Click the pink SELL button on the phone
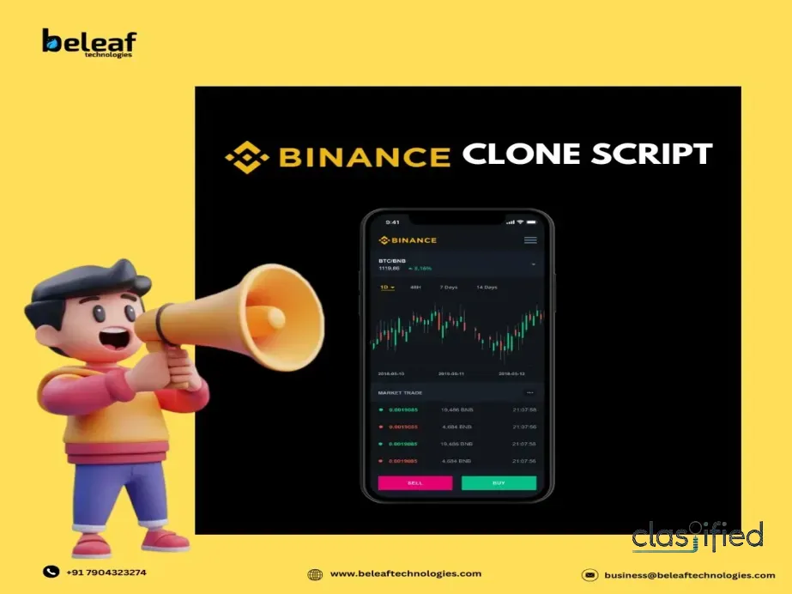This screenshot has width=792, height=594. pyautogui.click(x=415, y=483)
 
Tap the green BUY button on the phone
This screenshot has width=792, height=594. pyautogui.click(x=499, y=483)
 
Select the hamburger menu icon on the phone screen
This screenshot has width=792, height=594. pyautogui.click(x=530, y=240)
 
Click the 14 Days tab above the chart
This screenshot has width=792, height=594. pyautogui.click(x=487, y=287)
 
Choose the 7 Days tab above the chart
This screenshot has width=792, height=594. pyautogui.click(x=449, y=287)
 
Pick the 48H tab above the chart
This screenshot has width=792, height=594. pyautogui.click(x=415, y=287)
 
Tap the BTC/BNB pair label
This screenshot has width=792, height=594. pyautogui.click(x=392, y=260)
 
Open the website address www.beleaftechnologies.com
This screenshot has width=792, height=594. pyautogui.click(x=405, y=573)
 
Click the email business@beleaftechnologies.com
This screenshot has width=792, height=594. pyautogui.click(x=689, y=575)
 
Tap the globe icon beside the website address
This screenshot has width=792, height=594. pyautogui.click(x=315, y=574)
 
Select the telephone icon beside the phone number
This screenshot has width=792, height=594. pyautogui.click(x=51, y=572)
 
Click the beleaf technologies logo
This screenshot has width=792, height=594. pyautogui.click(x=89, y=42)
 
